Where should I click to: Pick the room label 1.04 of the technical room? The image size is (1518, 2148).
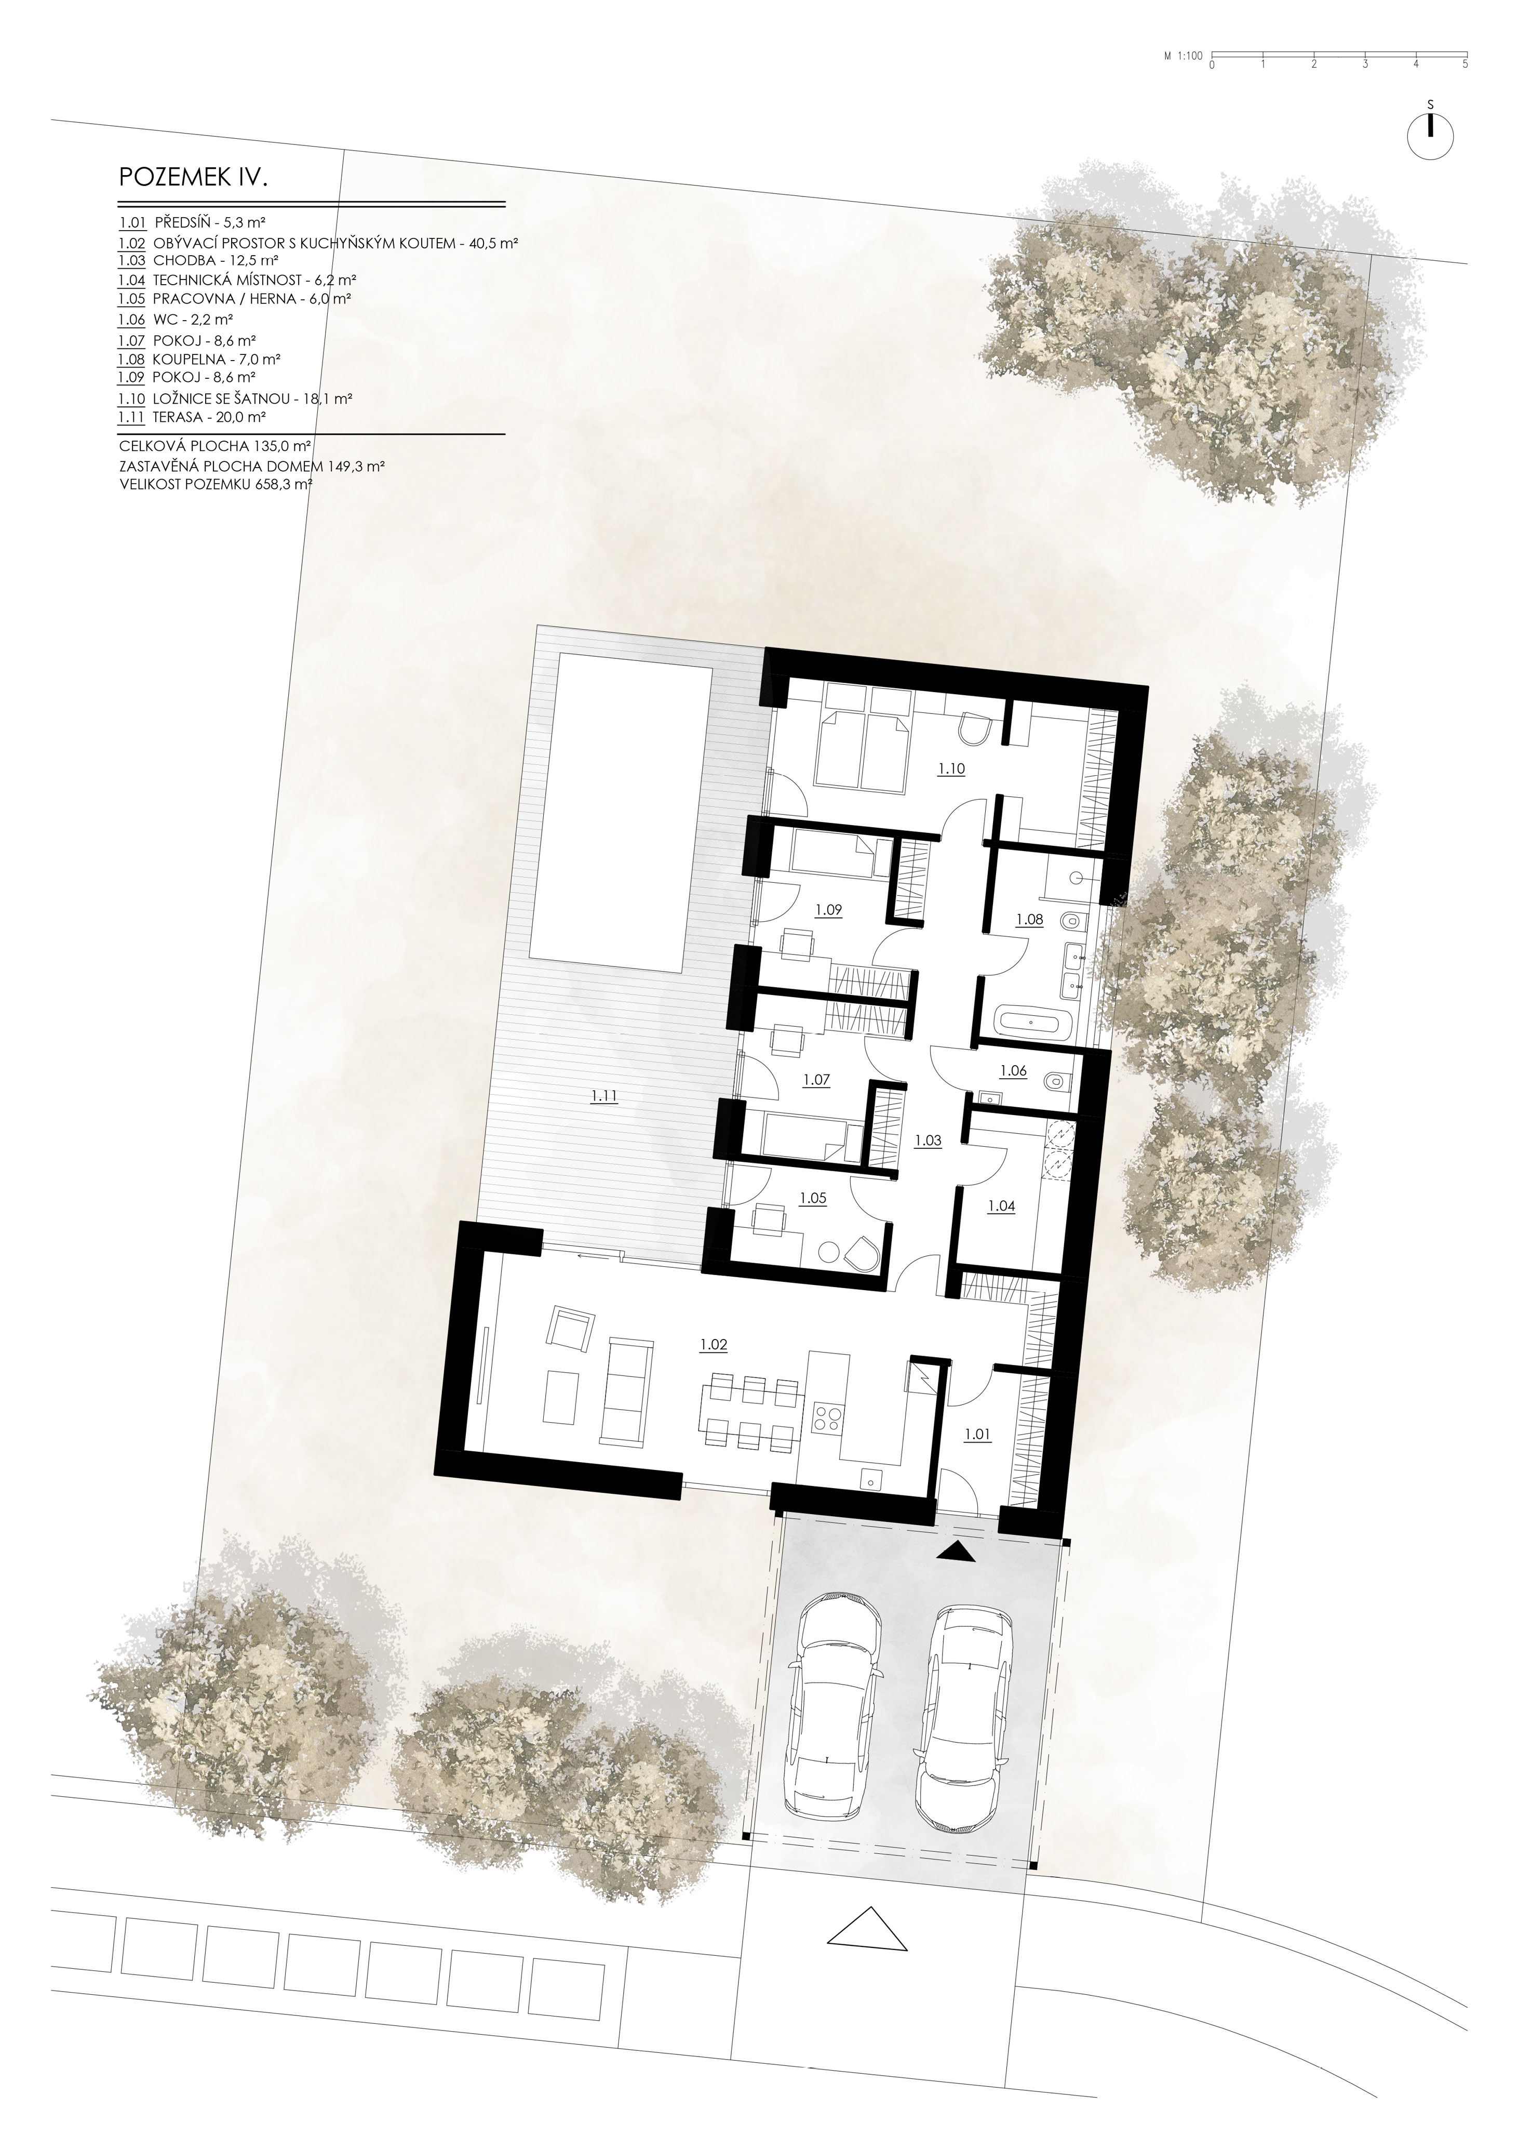(x=1001, y=1206)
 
